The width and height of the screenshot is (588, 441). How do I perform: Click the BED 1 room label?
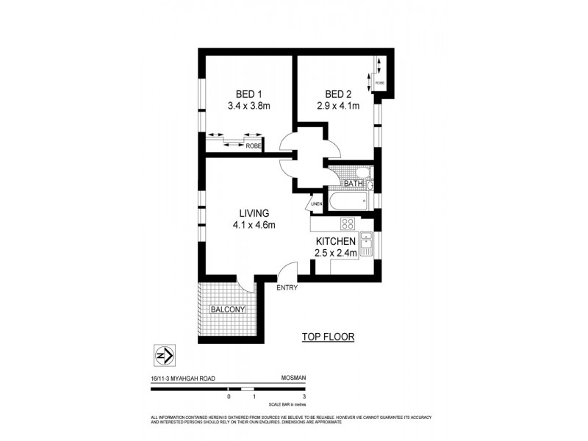(x=249, y=94)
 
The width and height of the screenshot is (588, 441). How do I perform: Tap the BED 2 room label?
(x=339, y=94)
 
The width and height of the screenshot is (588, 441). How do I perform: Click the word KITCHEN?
(x=336, y=241)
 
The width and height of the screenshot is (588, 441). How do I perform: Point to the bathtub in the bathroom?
(x=348, y=201)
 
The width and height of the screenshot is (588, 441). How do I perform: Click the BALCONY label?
(x=227, y=311)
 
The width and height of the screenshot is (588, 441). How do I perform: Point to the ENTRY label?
(x=287, y=287)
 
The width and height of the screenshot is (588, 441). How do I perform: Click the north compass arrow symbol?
(x=165, y=354)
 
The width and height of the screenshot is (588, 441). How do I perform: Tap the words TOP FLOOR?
(x=329, y=337)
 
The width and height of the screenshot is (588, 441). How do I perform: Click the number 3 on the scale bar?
(x=304, y=397)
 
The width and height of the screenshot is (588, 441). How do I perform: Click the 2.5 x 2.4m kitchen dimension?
(x=336, y=253)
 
